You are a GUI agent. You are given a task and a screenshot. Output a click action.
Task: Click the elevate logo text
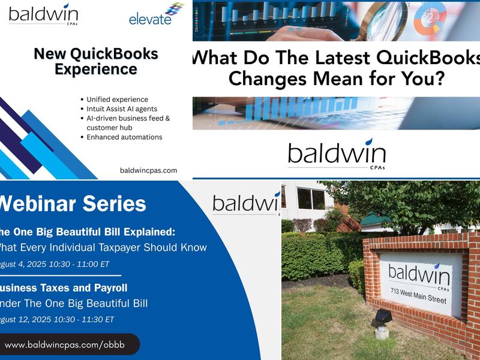pyautogui.click(x=150, y=19)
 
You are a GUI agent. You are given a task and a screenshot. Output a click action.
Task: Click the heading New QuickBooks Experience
pyautogui.click(x=96, y=61)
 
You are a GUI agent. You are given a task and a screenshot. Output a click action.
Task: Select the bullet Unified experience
pyautogui.click(x=117, y=100)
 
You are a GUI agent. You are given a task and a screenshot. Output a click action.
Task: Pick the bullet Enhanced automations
pyautogui.click(x=124, y=137)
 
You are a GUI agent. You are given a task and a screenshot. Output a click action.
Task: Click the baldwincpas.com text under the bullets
pyautogui.click(x=148, y=170)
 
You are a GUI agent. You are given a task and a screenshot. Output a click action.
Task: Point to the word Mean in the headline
pyautogui.click(x=354, y=77)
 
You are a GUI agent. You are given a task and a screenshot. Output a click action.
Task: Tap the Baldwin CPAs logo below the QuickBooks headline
pyautogui.click(x=337, y=154)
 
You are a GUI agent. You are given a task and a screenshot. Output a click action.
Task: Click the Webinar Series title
pyautogui.click(x=72, y=203)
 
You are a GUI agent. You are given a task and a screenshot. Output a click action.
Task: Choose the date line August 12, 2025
pyautogui.click(x=57, y=319)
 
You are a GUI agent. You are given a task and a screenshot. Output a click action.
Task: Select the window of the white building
pyautogui.click(x=311, y=199)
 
